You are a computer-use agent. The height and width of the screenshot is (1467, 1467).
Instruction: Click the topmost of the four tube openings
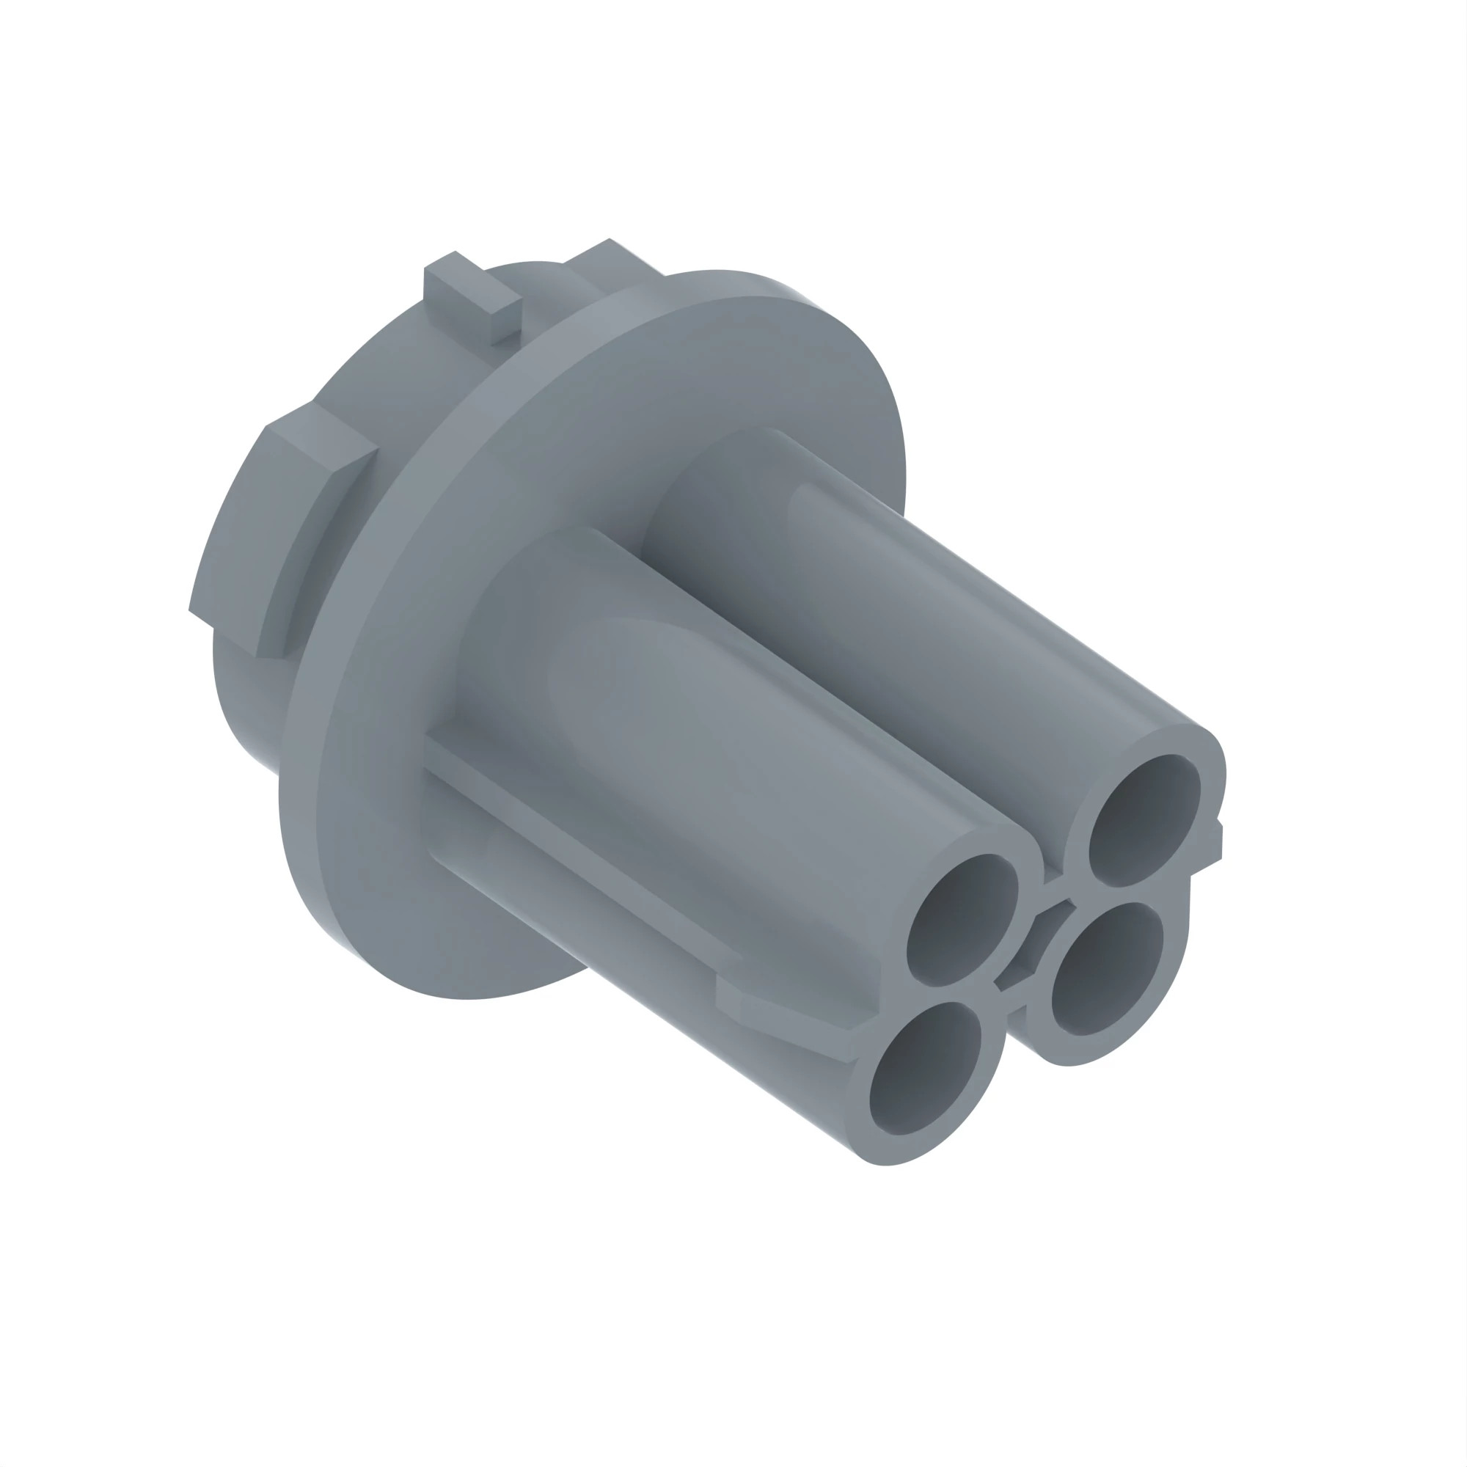pos(1144,820)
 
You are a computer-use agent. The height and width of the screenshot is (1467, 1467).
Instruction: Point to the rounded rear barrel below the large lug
pos(243,698)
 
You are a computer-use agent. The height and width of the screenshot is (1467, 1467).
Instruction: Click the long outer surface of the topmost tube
pos(949,607)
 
